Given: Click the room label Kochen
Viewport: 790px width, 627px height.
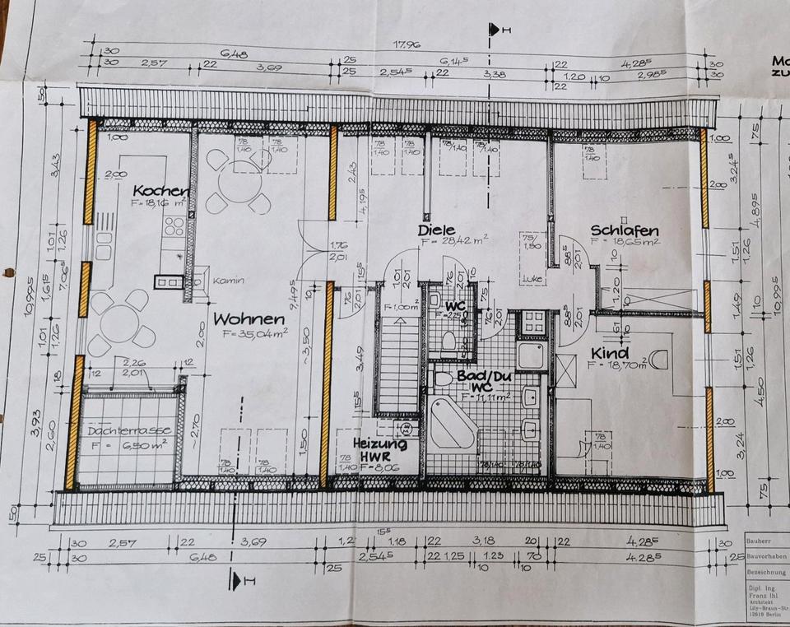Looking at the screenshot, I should [161, 191].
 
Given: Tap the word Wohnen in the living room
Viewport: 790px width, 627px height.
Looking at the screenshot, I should [249, 318].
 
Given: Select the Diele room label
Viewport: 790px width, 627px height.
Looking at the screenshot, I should [436, 230].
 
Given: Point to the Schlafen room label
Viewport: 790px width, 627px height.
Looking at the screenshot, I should [625, 230].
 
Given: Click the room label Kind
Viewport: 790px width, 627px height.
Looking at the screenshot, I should [609, 355].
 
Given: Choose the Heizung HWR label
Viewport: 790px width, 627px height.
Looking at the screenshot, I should [380, 448].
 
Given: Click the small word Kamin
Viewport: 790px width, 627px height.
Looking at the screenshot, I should [229, 280].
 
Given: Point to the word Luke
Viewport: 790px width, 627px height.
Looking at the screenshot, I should [530, 279].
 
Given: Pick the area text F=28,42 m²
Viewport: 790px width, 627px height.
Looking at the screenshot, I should [453, 243].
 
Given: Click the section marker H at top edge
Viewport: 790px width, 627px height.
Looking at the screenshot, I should [495, 30].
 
